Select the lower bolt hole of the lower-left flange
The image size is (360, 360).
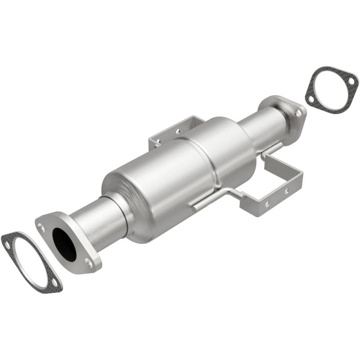pos(90,262)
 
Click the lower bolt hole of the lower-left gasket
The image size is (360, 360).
pos(55,283)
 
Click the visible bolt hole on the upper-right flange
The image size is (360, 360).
pos(298,112)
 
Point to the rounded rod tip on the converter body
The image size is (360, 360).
pos(194,208)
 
